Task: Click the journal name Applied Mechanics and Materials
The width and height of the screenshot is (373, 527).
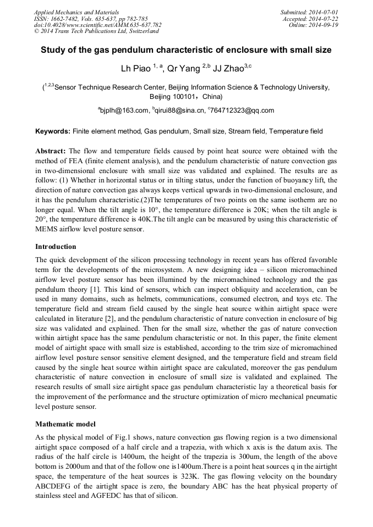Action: pos(69,12)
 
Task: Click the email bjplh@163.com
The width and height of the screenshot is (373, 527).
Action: pos(124,110)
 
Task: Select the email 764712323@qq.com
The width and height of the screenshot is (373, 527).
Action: pos(241,110)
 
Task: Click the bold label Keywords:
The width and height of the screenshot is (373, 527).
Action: pos(52,131)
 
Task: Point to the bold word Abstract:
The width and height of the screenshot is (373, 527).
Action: pos(51,151)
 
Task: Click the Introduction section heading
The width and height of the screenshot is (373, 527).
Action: pos(56,246)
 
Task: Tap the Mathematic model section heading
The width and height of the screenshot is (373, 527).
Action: pos(65,424)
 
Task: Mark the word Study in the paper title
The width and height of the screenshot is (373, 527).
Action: pos(53,50)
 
